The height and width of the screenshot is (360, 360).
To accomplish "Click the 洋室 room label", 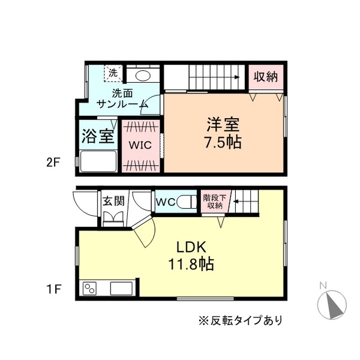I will pos(224,125).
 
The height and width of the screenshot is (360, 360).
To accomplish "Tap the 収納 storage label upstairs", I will pos(265,77).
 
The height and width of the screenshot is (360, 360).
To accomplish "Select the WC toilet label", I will pos(165,202).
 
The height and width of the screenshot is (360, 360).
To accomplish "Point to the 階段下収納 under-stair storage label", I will pos(215,201).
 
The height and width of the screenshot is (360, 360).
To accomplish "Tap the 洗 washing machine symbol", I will pos(113,73).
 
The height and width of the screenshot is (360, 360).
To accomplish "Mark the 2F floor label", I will pos(53,162).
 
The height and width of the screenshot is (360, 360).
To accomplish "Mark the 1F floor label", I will pos(53,289).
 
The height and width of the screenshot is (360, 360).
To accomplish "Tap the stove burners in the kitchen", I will pos(91,288).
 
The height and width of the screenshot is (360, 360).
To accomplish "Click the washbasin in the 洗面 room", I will pos(143,76).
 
